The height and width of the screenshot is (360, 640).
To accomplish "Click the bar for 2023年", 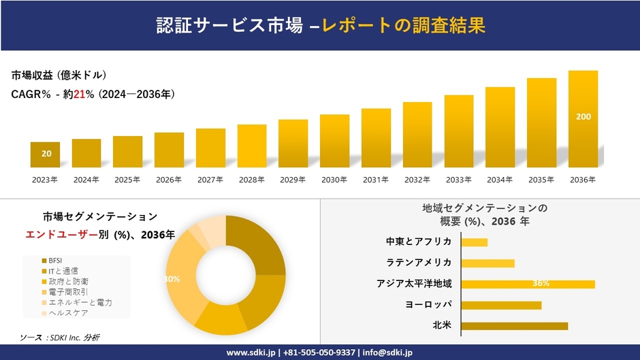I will click(46, 154).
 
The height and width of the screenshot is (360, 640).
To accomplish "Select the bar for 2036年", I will click(583, 119).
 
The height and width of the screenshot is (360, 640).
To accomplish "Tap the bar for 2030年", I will click(334, 141).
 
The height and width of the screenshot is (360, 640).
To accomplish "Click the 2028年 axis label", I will click(251, 180).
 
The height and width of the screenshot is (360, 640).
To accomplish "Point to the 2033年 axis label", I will click(458, 180).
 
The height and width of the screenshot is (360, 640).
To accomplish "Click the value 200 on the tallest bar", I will click(583, 117).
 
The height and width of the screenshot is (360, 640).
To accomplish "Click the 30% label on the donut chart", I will click(172, 279).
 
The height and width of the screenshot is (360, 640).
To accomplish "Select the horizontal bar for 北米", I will click(514, 326).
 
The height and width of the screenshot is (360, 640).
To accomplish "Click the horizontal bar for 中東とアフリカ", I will click(474, 242).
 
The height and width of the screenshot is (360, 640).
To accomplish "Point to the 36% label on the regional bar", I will click(541, 284).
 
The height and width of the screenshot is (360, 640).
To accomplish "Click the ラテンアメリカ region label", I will click(419, 263).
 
